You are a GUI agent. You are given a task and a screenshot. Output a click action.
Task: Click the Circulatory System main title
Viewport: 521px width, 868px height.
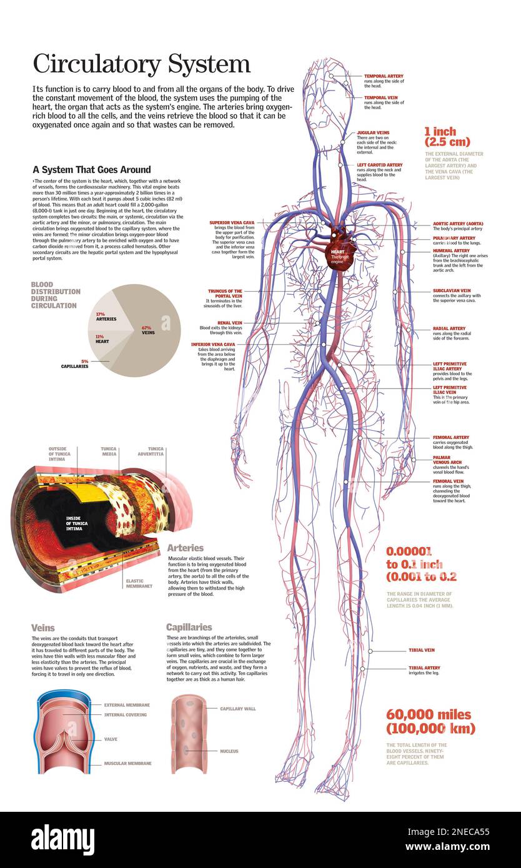click(141, 64)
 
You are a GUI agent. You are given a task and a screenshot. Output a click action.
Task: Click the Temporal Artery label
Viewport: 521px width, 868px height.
click(383, 76)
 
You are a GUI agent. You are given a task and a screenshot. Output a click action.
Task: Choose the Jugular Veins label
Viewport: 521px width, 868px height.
click(372, 133)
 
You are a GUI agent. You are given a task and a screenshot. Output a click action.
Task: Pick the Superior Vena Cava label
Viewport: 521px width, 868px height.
click(232, 222)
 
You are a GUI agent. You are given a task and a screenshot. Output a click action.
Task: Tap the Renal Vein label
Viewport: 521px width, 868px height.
click(229, 323)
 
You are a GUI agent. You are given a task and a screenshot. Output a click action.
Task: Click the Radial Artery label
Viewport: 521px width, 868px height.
click(449, 328)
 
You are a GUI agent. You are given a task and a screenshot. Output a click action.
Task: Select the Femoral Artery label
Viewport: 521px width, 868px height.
click(450, 438)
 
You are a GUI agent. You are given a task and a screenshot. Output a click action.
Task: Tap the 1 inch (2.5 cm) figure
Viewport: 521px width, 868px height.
click(447, 137)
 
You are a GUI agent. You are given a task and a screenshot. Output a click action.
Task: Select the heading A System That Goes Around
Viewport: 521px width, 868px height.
click(91, 169)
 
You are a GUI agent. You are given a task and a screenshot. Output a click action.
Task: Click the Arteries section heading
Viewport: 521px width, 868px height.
click(185, 548)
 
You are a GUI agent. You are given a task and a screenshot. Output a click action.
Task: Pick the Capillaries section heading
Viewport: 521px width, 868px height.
click(189, 627)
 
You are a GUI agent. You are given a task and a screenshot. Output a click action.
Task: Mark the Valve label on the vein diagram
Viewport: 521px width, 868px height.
click(111, 739)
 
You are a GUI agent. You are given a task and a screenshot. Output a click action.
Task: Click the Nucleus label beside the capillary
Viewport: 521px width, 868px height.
click(229, 751)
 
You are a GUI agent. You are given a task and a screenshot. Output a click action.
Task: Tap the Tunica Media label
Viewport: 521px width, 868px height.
click(109, 451)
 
